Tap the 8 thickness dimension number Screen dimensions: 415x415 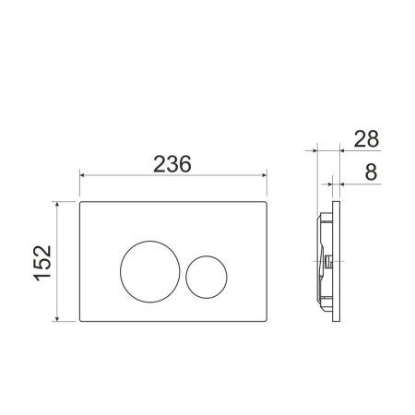(370, 172)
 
